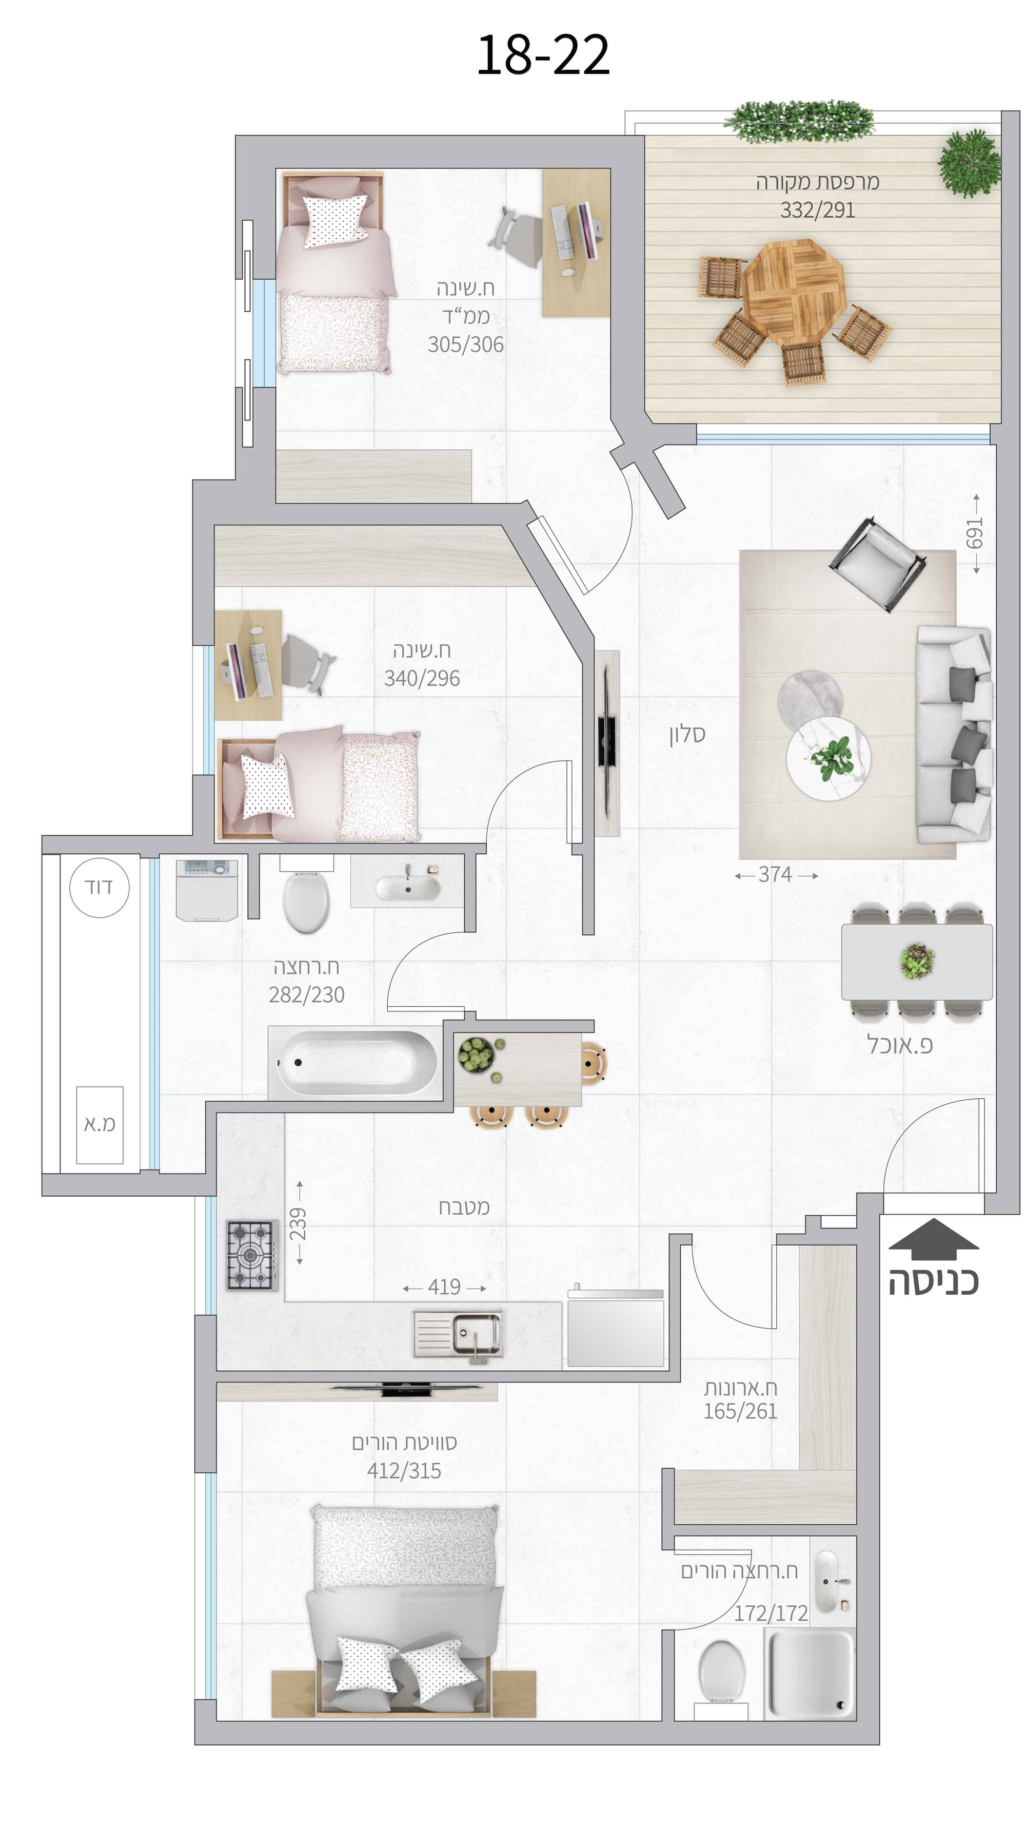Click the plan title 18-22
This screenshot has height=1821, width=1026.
(x=543, y=54)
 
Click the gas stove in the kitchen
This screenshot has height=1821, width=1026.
(x=252, y=1255)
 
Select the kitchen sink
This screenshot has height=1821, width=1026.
(x=459, y=1335)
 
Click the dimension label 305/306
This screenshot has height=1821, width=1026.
(x=466, y=344)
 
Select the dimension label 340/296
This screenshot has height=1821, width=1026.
(x=422, y=678)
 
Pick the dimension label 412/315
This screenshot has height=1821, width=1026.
(x=404, y=1470)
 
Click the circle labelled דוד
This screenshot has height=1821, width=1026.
(x=100, y=887)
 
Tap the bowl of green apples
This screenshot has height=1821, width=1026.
(x=477, y=1055)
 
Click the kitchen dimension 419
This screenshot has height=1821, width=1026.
(x=444, y=1287)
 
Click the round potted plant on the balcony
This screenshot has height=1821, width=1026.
(x=970, y=163)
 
